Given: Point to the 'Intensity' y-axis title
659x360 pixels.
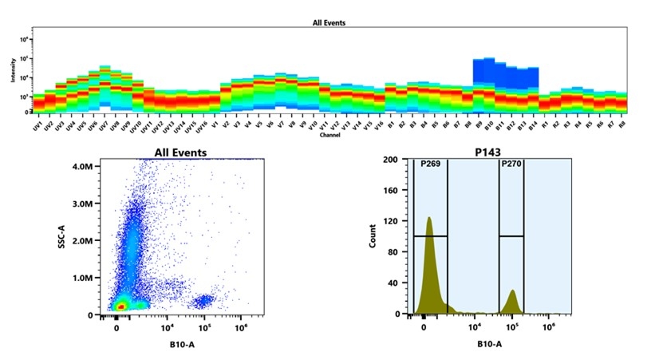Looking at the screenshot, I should [13, 74].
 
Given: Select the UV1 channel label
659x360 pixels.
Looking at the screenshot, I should [37, 127].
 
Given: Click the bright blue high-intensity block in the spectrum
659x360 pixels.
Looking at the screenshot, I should [504, 73].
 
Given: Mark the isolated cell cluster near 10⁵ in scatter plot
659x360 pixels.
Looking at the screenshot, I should [204, 301].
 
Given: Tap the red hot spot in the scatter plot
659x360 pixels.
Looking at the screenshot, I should [120, 305].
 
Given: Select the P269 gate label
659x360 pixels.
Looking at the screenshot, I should [431, 165].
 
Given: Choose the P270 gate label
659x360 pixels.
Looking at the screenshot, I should [511, 165].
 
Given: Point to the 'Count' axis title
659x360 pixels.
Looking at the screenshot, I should [373, 236].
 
